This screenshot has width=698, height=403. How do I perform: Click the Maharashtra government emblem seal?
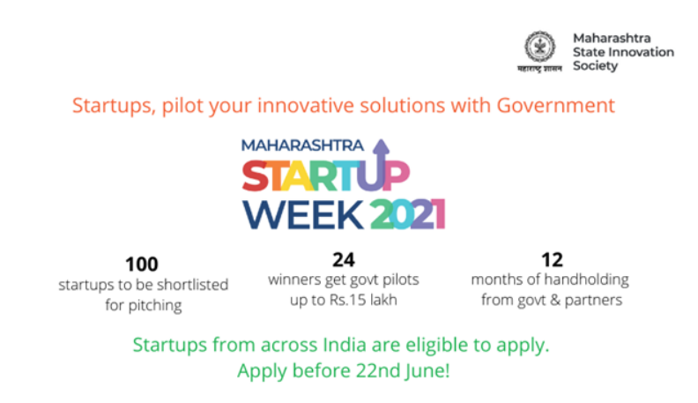click(x=539, y=47)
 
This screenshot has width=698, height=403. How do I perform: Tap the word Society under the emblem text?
click(x=595, y=66)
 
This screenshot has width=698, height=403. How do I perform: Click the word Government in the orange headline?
click(x=555, y=106)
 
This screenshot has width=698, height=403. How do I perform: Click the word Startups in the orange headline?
click(x=114, y=107)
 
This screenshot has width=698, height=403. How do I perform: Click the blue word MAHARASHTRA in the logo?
click(x=302, y=146)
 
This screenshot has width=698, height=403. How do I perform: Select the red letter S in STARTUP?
click(x=255, y=175)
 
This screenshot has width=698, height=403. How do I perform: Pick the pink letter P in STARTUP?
click(x=397, y=175)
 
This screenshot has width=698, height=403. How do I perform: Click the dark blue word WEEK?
click(x=303, y=214)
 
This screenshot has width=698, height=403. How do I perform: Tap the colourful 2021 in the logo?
click(x=407, y=214)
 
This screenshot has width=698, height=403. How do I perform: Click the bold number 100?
click(x=142, y=265)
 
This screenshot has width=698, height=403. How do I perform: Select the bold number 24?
click(x=343, y=260)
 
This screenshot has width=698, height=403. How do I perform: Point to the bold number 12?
click(x=552, y=260)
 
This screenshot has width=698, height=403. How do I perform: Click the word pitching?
click(x=155, y=305)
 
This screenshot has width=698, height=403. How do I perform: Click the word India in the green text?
click(x=344, y=345)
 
